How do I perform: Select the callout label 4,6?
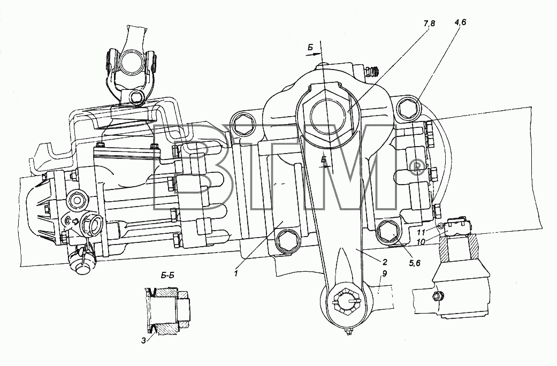460,22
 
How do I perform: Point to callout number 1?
235,273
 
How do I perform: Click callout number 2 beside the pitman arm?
385,262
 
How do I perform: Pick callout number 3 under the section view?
143,341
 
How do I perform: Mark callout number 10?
421,241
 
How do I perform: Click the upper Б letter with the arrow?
310,48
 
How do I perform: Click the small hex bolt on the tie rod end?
438,296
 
